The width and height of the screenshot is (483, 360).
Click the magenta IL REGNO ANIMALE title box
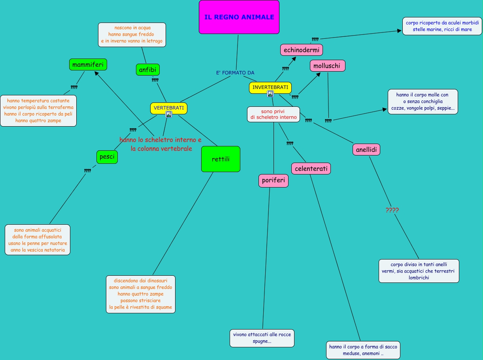click(239, 17)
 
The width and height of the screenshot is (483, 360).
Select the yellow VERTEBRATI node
click(168, 108)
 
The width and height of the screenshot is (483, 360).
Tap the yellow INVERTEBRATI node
click(270, 87)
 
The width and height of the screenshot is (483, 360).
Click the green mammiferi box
click(88, 64)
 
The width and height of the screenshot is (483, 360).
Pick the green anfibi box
click(147, 70)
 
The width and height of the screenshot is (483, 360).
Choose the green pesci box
click(107, 157)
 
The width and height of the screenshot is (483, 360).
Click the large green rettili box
click(221, 159)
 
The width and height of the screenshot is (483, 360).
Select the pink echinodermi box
click(302, 50)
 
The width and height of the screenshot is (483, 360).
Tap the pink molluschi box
click(327, 66)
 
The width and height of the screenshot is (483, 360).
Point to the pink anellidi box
click(366, 150)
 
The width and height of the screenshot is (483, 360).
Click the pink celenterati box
click(311, 169)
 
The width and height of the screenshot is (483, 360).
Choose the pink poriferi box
click(274, 181)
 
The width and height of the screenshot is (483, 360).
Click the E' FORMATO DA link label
click(235, 73)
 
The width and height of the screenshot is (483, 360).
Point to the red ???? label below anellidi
click(392, 210)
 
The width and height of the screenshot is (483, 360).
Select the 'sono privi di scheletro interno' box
click(273, 114)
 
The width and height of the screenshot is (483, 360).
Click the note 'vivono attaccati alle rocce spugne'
click(262, 338)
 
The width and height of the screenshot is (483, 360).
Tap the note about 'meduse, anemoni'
click(363, 350)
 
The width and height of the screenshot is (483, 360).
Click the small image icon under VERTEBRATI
click(169, 114)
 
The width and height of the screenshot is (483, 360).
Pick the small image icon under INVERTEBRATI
click(270, 94)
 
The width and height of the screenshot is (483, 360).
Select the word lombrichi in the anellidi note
click(419, 277)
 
